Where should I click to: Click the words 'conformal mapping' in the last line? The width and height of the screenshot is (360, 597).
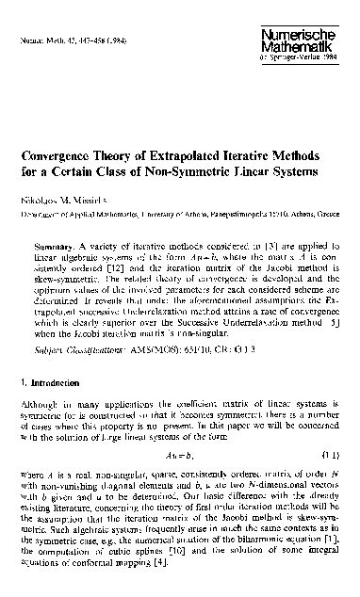point(116,573)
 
